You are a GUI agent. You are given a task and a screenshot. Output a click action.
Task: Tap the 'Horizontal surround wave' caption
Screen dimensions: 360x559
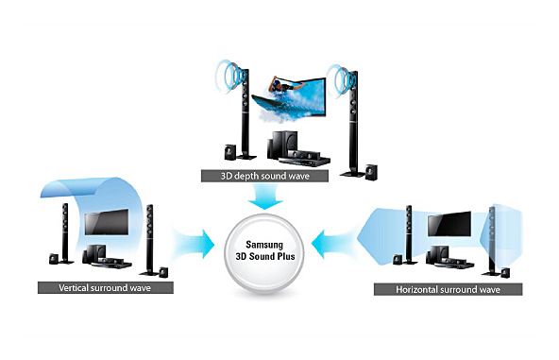point(450,286)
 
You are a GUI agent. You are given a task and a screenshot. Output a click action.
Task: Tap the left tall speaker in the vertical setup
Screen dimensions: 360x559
point(64,231)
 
